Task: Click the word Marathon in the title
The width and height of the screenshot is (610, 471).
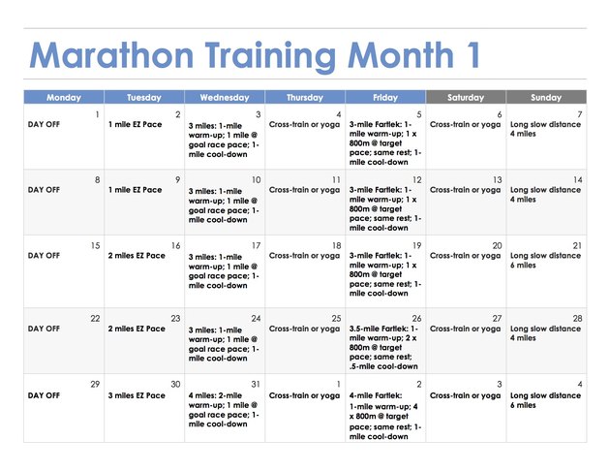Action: point(111,55)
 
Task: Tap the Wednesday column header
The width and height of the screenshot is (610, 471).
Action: point(225,97)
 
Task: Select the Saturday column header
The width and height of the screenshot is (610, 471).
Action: point(466,97)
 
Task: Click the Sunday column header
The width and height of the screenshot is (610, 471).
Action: point(546,97)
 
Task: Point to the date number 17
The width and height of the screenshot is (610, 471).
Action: point(256,245)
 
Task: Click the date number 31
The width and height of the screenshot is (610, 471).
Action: point(256,384)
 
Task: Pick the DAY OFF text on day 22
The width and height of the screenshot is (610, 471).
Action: point(44,329)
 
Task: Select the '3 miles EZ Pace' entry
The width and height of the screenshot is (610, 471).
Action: point(137,395)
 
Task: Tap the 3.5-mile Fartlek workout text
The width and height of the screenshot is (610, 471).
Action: point(383,347)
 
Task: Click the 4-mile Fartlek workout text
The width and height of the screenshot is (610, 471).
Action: point(383,416)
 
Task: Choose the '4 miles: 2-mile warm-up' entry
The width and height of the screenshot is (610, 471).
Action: point(224,410)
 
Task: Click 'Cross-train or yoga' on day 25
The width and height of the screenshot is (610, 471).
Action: point(304,329)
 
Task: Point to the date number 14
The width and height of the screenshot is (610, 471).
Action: point(577,180)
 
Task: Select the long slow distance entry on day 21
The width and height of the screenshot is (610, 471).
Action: point(545,260)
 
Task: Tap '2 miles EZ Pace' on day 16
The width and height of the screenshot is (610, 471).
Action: point(137,256)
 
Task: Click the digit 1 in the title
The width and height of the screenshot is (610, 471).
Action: point(473,55)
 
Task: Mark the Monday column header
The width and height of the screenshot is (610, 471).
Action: point(64,97)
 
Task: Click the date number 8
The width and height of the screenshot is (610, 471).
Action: point(97,180)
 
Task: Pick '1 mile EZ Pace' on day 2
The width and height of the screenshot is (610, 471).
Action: point(135,125)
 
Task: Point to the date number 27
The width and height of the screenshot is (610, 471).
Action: point(497,319)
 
